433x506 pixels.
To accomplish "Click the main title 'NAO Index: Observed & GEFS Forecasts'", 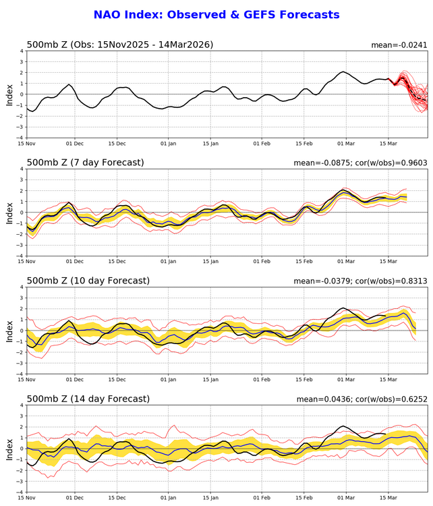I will [216, 14].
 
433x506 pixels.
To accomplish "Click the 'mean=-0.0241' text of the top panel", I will [399, 45].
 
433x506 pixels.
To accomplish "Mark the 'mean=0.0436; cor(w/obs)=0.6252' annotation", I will [363, 399].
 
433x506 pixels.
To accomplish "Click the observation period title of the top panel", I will [119, 45].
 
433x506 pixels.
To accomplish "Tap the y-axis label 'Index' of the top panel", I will [9, 94].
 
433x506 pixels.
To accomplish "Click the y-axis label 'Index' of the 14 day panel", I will [9, 449].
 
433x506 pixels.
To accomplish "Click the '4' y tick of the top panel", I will [22, 51].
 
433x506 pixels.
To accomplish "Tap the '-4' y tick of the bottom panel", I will [20, 492].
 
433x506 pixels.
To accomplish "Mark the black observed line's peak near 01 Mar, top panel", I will [343, 72].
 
